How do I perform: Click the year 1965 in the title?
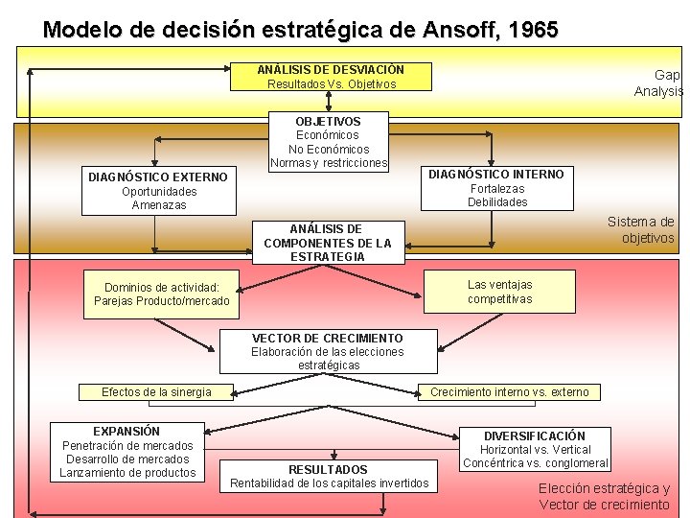pyautogui.click(x=534, y=30)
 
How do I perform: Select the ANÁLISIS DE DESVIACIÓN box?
pyautogui.click(x=331, y=77)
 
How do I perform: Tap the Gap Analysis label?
pyautogui.click(x=658, y=82)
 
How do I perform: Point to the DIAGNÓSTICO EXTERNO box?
pyautogui.click(x=158, y=191)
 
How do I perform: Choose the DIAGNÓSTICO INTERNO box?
pyautogui.click(x=496, y=188)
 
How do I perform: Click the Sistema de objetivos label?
pyautogui.click(x=642, y=230)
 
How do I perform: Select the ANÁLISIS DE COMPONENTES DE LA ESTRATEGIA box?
pyautogui.click(x=328, y=243)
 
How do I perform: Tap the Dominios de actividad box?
pyautogui.click(x=162, y=294)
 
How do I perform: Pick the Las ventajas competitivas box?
pyautogui.click(x=499, y=292)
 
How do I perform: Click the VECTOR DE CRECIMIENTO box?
pyautogui.click(x=328, y=351)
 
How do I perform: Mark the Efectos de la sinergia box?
pyautogui.click(x=156, y=391)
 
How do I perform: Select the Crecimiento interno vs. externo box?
pyautogui.click(x=509, y=391)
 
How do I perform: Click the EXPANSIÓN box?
pyautogui.click(x=127, y=452)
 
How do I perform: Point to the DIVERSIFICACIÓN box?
pyautogui.click(x=535, y=449)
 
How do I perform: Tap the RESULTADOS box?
pyautogui.click(x=329, y=476)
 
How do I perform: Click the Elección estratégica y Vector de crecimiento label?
pyautogui.click(x=604, y=497)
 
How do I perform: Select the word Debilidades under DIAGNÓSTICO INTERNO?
pyautogui.click(x=497, y=202)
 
